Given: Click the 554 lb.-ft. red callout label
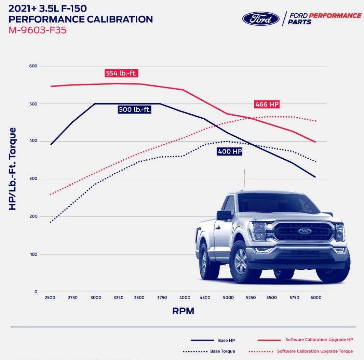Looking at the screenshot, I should [x=121, y=73].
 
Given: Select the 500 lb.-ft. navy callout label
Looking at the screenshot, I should [x=135, y=110].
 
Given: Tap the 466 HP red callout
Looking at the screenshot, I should [x=267, y=104].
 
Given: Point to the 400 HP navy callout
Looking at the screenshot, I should [x=230, y=151].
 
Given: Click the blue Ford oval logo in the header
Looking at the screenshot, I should [x=261, y=19].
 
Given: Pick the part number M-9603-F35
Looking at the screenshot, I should [x=38, y=30].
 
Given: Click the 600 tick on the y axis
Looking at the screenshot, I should [x=33, y=66].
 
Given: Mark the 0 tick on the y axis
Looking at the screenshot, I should [x=36, y=292].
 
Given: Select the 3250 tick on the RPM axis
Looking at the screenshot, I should [x=118, y=298].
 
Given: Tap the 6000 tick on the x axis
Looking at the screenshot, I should [x=315, y=298].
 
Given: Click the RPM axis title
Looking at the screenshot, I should [x=183, y=311].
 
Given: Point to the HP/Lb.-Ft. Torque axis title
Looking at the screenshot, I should [x=12, y=169].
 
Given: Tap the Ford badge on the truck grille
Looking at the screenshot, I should [x=305, y=231].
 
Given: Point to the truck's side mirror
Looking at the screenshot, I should [x=224, y=215].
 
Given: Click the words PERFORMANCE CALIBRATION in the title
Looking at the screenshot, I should [x=81, y=19].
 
